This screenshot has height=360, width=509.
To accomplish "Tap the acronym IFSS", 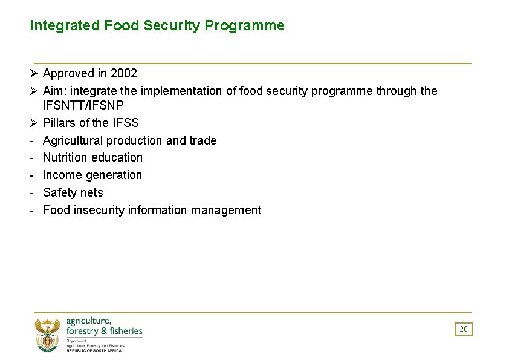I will point(126,123).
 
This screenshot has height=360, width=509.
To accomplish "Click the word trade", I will point(203,140).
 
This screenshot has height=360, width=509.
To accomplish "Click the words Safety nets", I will point(73,192).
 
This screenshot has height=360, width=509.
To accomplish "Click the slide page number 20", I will point(464,329).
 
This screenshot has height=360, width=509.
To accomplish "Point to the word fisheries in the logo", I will point(125,331).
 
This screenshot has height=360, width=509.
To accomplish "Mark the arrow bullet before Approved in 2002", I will point(34,73).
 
